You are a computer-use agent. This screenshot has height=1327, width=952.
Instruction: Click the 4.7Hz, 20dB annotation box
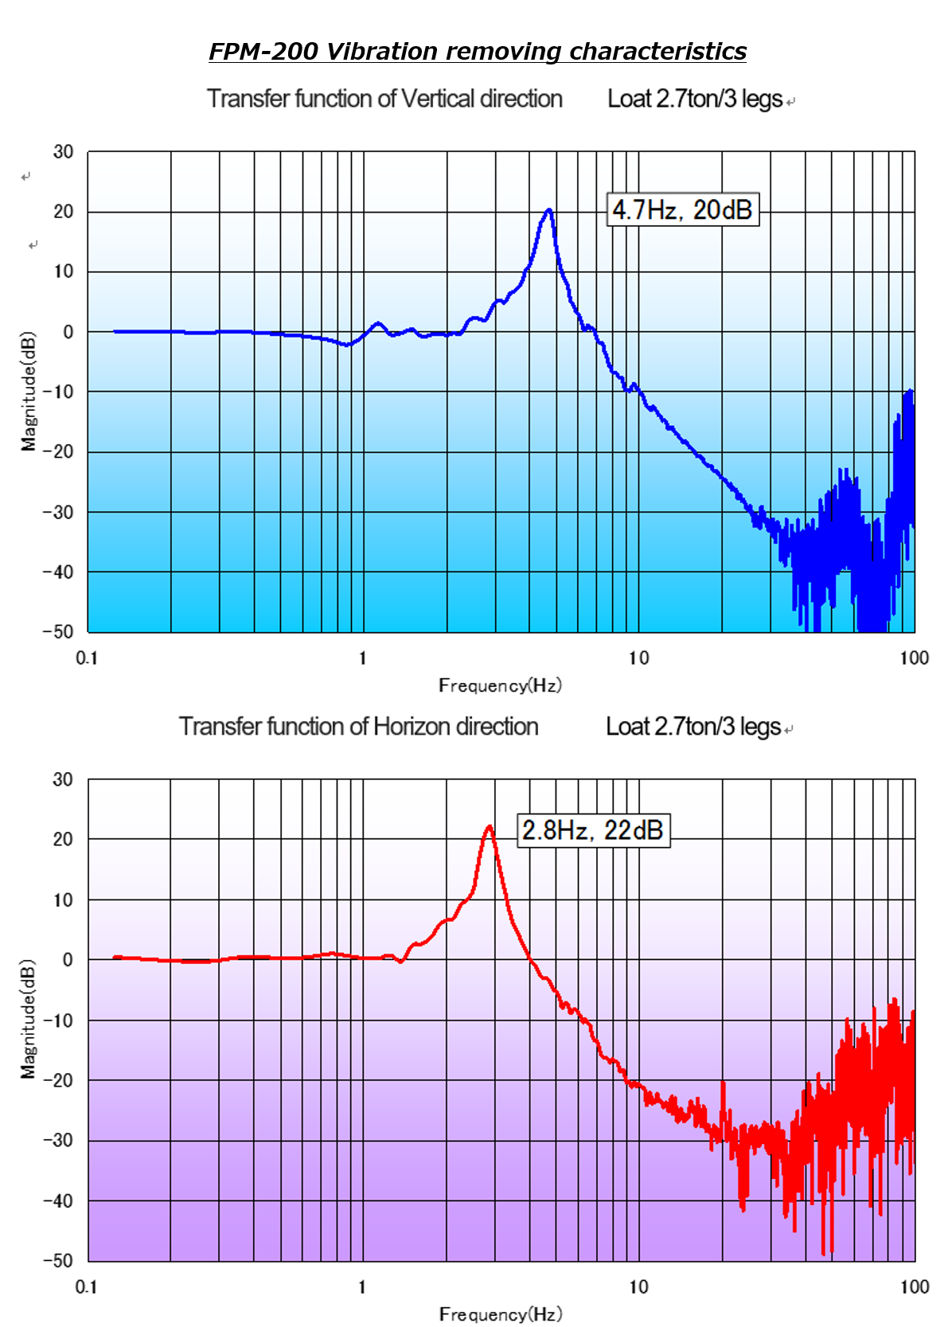click(683, 210)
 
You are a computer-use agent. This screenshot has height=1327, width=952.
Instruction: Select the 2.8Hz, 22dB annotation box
click(593, 830)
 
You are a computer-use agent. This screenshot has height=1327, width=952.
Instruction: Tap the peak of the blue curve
click(548, 210)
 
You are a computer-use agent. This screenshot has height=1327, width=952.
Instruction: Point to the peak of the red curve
click(490, 827)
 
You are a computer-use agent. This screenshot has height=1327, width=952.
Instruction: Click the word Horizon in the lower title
click(412, 727)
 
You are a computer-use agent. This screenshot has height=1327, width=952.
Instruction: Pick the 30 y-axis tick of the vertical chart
click(63, 152)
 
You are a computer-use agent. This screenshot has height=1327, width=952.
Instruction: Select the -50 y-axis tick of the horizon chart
click(58, 1261)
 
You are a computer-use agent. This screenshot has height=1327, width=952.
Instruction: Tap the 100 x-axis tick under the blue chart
click(914, 658)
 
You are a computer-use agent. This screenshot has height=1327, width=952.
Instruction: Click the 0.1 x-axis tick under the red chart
click(86, 1287)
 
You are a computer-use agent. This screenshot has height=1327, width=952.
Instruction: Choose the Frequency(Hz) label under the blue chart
click(500, 685)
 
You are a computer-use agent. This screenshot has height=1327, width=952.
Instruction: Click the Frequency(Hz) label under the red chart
click(500, 1313)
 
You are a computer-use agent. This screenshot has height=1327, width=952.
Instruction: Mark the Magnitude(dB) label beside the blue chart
click(29, 391)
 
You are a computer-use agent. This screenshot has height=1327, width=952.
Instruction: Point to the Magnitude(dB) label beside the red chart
click(29, 1019)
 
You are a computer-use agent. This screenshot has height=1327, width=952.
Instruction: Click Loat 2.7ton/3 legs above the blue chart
click(696, 99)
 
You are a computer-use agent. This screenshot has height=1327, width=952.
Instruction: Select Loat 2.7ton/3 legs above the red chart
click(694, 727)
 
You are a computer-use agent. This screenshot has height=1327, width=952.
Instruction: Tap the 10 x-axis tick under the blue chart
click(638, 658)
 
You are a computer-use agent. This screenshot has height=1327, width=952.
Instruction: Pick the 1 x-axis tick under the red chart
click(362, 1287)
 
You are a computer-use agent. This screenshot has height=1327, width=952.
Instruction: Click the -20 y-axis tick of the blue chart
click(58, 451)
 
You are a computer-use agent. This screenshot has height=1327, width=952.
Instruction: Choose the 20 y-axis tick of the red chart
click(63, 839)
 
